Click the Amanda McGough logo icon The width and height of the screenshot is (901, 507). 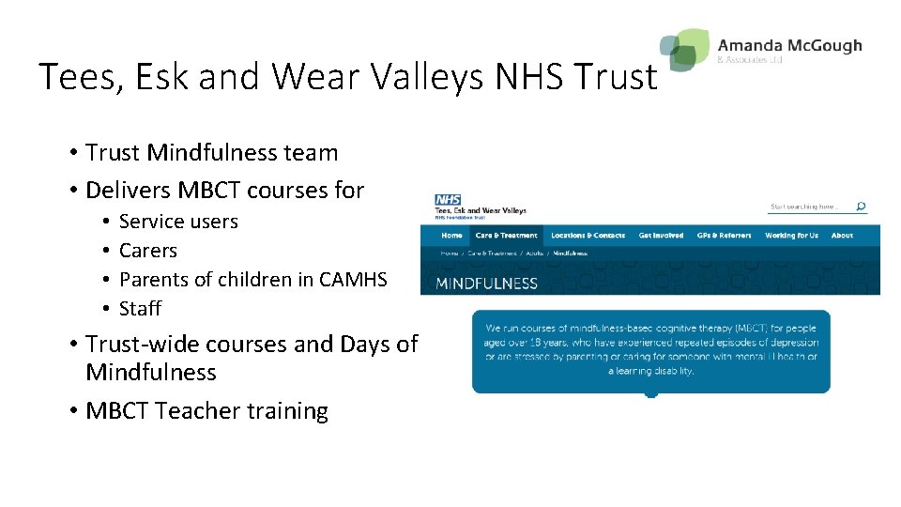coord(685,49)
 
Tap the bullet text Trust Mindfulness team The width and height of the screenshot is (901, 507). coord(211,152)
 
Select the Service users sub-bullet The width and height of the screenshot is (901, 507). coord(178,222)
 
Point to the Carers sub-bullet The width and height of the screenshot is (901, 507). coord(148,251)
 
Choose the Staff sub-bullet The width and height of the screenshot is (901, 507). coord(140,308)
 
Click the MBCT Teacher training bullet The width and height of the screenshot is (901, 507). coord(206,411)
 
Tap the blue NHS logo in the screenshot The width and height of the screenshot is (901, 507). coord(448,200)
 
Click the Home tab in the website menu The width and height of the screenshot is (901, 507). coord(451,236)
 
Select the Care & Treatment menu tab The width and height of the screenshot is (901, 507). coord(506,236)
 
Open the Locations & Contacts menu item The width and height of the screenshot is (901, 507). coord(588,236)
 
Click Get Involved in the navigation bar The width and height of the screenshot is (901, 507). coord(661,236)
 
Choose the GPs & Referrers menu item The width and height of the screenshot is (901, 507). coord(723,236)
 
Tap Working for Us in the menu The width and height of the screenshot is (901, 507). coord(791,236)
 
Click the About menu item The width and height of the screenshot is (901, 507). coord(842,236)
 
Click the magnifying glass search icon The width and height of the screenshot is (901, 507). coord(861,207)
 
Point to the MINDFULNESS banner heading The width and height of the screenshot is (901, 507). coord(487,283)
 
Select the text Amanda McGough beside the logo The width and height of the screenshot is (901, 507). coord(788,45)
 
